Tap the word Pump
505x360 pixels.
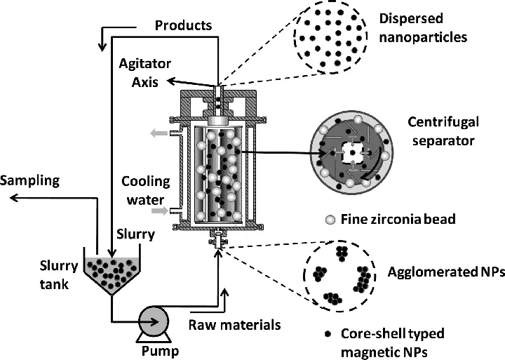tap(156, 350)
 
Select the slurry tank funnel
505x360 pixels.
tap(111, 274)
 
